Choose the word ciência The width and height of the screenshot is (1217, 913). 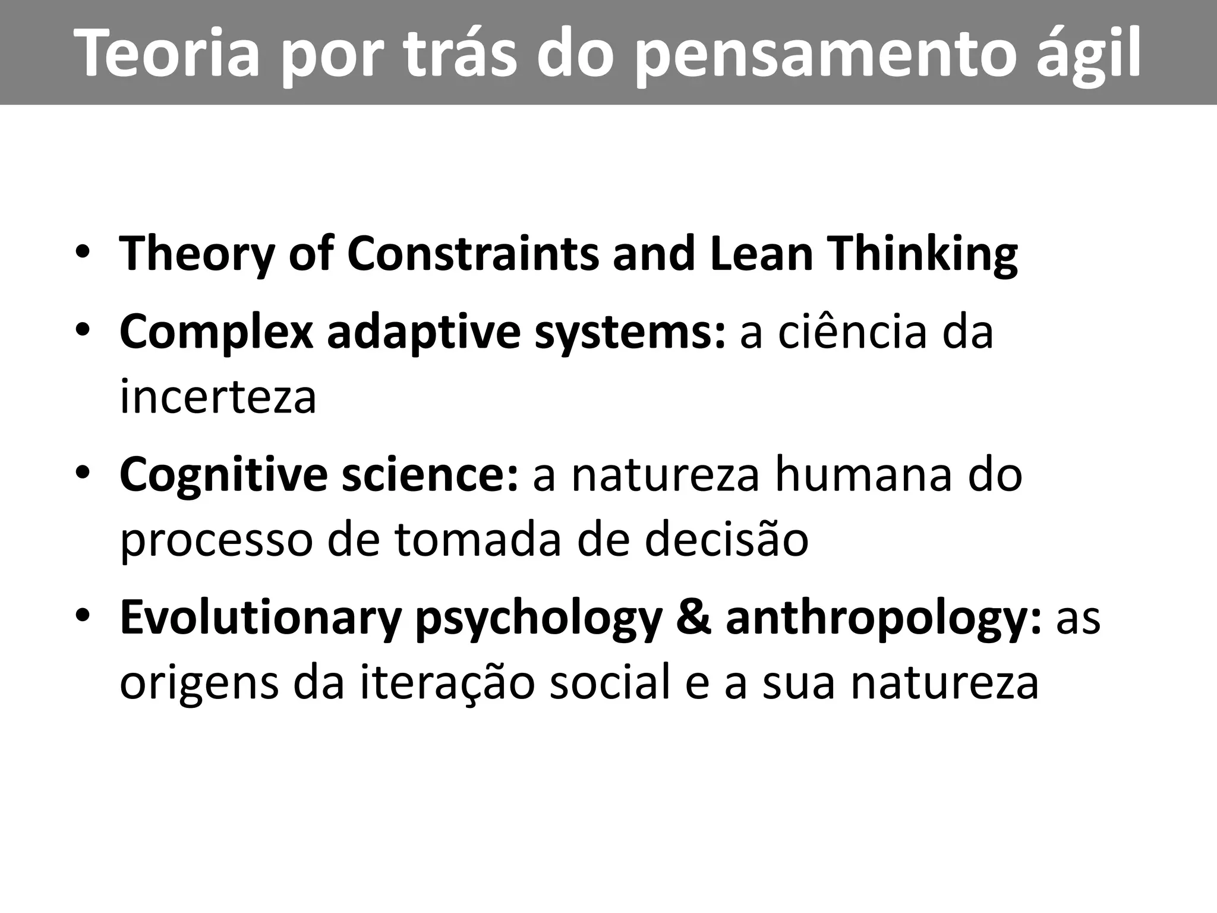pos(853,332)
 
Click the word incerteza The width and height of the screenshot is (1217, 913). pos(217,397)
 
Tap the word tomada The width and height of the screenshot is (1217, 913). pos(478,540)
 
